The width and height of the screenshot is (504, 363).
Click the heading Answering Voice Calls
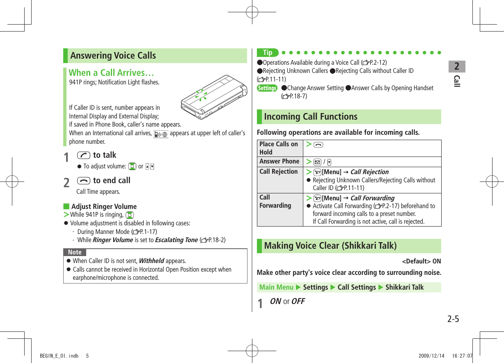tap(113, 56)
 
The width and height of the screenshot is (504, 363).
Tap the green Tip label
tap(267, 53)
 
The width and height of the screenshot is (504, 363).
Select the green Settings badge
tap(267, 88)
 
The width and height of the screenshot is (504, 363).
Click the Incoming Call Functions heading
tap(310, 117)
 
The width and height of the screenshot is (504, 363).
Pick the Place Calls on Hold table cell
tap(279, 148)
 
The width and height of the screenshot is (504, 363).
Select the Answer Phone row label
tap(279, 161)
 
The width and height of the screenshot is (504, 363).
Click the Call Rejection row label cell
tap(279, 172)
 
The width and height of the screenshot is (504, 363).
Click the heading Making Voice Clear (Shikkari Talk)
tap(330, 246)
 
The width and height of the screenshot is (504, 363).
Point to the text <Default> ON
tap(421, 261)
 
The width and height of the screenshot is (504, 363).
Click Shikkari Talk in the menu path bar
tap(404, 288)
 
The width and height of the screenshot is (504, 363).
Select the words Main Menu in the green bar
tap(276, 288)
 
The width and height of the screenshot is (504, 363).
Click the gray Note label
tap(75, 252)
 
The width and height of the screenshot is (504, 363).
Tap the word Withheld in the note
tap(151, 261)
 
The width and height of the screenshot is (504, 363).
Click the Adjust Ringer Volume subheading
tap(104, 206)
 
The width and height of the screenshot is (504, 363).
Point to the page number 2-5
tap(453, 319)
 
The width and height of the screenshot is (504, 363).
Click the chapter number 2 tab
tap(457, 66)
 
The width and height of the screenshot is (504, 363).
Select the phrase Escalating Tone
tap(176, 240)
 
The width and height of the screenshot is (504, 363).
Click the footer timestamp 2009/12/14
tap(431, 356)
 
